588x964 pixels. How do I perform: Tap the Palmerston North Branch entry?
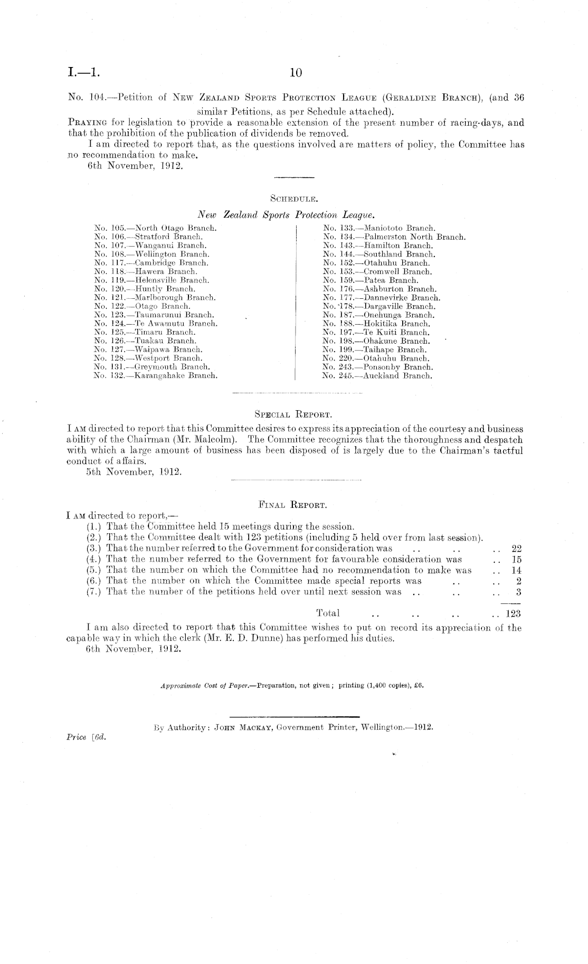pyautogui.click(x=394, y=237)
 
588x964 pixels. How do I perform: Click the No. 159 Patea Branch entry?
pyautogui.click(x=371, y=280)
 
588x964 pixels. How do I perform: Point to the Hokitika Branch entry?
pyautogui.click(x=376, y=324)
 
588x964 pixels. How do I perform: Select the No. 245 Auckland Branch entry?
pyautogui.click(x=377, y=375)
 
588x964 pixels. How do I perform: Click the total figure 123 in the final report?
pyautogui.click(x=513, y=613)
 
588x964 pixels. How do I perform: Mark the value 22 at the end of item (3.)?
pyautogui.click(x=516, y=549)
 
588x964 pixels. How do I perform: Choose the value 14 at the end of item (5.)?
pyautogui.click(x=516, y=570)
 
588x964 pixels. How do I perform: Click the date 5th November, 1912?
pyautogui.click(x=134, y=471)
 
